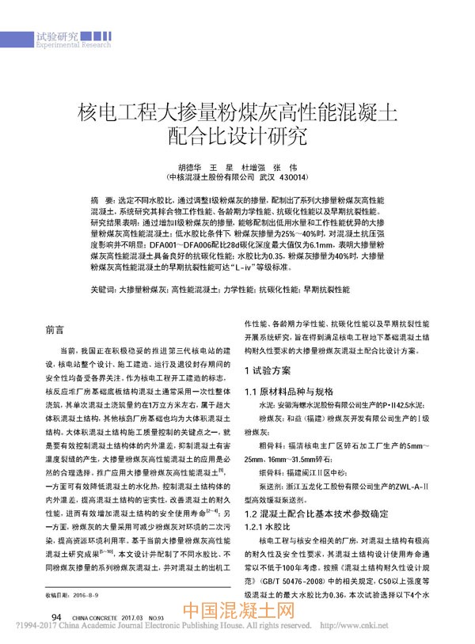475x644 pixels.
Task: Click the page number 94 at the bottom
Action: tap(56, 616)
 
